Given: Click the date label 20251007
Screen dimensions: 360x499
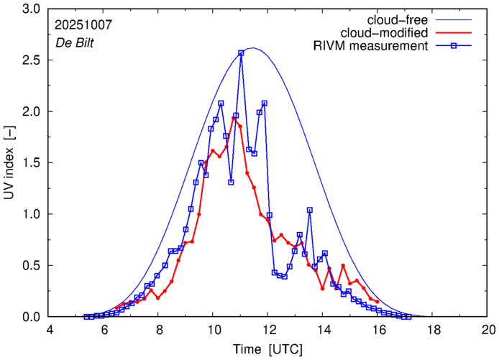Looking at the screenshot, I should click(x=83, y=24).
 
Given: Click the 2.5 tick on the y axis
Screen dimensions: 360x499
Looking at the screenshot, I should click(x=32, y=60).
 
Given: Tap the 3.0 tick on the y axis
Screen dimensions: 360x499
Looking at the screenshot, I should click(x=32, y=9).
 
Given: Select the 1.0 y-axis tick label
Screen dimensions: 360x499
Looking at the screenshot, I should click(x=32, y=214).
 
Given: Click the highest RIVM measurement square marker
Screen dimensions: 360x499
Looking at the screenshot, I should click(x=241, y=52).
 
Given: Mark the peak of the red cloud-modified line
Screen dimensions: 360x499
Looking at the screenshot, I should click(x=234, y=118).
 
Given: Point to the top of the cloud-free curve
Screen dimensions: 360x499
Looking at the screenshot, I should click(x=252, y=48).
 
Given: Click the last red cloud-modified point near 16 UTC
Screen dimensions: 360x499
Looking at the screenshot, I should click(x=377, y=302).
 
